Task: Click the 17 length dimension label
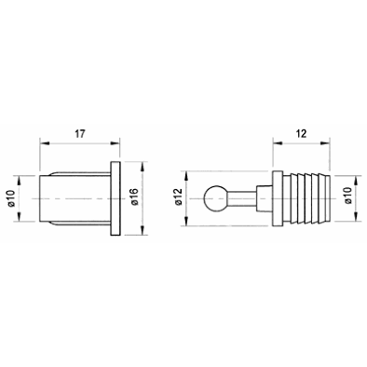click(79, 134)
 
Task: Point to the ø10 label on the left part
click(11, 198)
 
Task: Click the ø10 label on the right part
click(348, 196)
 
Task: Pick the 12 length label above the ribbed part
click(301, 134)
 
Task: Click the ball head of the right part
click(214, 198)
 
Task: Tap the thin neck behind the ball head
click(242, 198)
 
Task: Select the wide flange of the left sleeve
click(115, 198)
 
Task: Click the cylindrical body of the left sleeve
click(75, 198)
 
